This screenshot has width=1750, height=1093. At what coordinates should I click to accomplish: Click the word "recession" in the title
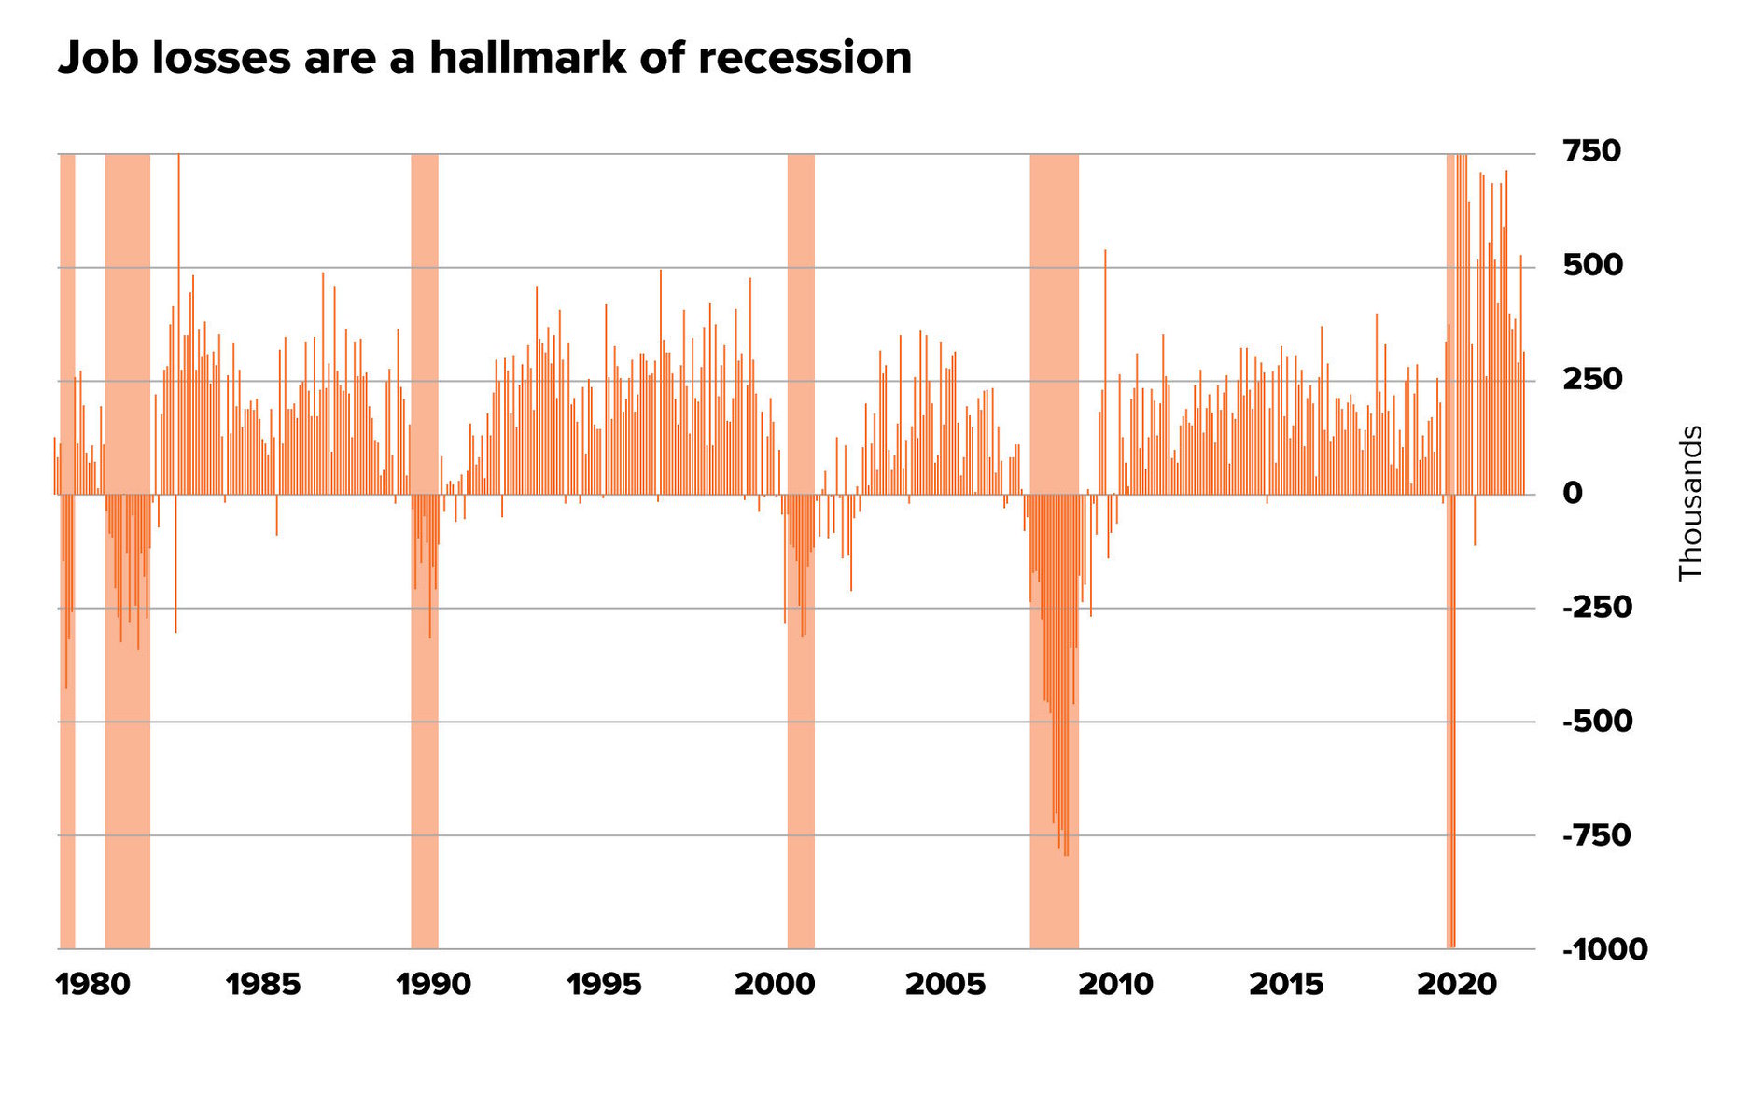pos(805,58)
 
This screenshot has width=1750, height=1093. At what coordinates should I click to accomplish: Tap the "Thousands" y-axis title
pos(1690,503)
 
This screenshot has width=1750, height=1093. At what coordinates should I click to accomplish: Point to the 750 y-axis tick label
pos(1590,150)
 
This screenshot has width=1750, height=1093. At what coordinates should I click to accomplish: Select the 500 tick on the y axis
pos(1590,265)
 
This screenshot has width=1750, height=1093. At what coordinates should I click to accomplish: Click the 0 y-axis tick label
pos(1573,493)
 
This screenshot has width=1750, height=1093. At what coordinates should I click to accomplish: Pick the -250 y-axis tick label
pos(1597,608)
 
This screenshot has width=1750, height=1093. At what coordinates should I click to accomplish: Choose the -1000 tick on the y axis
pos(1604,950)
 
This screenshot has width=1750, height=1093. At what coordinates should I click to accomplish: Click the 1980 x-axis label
pos(93,984)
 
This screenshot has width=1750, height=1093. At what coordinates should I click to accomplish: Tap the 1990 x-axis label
pos(433,984)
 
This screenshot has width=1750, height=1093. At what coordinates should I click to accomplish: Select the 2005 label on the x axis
pos(945,984)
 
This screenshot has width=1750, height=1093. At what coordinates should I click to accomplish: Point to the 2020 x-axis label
pos(1456,984)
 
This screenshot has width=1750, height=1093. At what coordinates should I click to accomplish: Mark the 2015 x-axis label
pos(1286,984)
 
